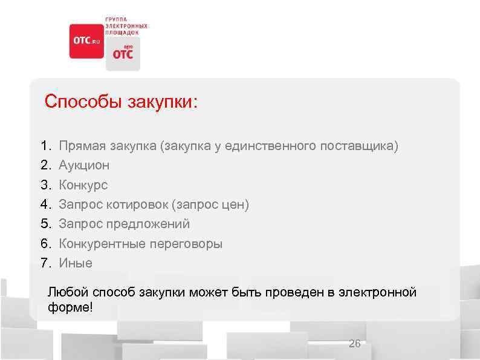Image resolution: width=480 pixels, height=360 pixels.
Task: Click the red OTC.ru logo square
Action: [86, 41]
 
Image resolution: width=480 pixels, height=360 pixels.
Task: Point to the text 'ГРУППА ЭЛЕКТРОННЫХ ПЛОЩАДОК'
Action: [126, 25]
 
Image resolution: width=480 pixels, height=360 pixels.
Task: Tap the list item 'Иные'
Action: [76, 263]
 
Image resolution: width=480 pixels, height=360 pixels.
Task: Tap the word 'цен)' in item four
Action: [235, 205]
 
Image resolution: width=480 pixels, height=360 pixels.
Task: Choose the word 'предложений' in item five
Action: [149, 224]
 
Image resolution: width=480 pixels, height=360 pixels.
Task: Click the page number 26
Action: [355, 344]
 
